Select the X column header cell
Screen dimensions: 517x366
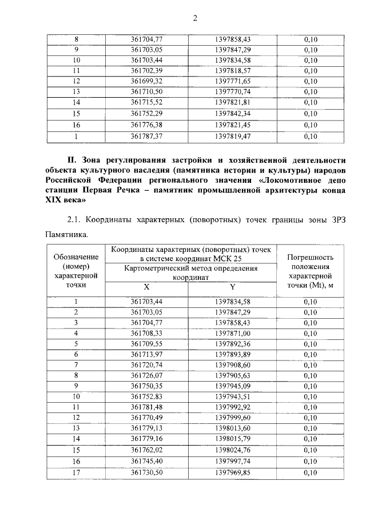tap(146, 286)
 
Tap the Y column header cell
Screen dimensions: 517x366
tap(232, 286)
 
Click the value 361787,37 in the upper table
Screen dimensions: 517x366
tap(147, 137)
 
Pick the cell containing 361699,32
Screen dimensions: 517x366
tap(147, 81)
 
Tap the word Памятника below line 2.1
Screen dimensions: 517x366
tap(66, 234)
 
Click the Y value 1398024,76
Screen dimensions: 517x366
tap(233, 450)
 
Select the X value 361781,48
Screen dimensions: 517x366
tap(147, 407)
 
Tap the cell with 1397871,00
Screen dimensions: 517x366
tap(233, 333)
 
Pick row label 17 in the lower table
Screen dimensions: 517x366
tap(76, 472)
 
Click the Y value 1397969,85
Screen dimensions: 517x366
tap(233, 472)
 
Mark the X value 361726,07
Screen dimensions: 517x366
tap(147, 375)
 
